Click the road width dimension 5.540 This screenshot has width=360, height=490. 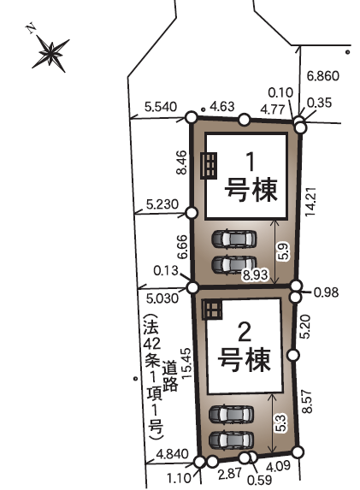(x=161, y=107)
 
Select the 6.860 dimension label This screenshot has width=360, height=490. (x=323, y=76)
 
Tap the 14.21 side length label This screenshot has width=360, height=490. (x=311, y=202)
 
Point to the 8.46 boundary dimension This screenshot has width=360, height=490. (x=181, y=162)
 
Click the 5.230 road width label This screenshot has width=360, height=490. (x=162, y=204)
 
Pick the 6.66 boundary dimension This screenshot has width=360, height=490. (x=182, y=247)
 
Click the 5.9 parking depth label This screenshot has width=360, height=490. (x=283, y=251)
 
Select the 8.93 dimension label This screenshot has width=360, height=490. (x=256, y=275)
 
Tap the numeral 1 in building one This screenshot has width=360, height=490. (x=251, y=162)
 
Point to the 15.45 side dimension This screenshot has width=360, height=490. (x=186, y=363)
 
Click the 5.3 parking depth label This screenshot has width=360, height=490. (x=280, y=422)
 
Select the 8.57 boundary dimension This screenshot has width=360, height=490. (x=308, y=402)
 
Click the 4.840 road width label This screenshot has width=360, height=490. (x=172, y=454)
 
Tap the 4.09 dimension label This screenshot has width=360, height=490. (x=278, y=466)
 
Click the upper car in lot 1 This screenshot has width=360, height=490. (x=234, y=239)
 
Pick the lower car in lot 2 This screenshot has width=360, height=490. (x=231, y=440)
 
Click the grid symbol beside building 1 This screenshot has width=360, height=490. (x=209, y=166)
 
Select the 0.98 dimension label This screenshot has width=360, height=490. (x=327, y=292)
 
